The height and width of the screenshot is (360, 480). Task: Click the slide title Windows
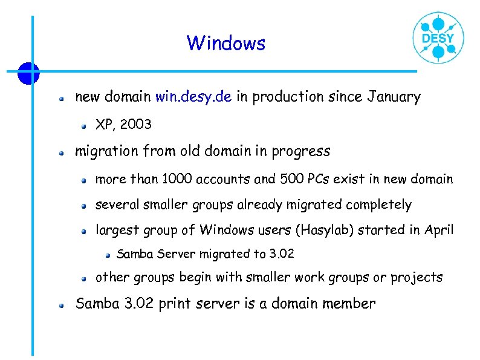(225, 44)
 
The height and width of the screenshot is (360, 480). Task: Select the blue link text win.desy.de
(193, 97)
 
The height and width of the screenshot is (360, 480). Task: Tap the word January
(393, 97)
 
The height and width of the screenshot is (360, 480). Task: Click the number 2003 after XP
(136, 125)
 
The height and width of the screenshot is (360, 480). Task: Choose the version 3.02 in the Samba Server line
(281, 254)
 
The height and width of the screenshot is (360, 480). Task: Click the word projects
(417, 277)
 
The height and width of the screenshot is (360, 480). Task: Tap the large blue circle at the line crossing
(28, 73)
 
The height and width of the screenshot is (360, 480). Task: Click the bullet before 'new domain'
(62, 97)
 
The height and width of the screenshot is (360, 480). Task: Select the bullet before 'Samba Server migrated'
(107, 255)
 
